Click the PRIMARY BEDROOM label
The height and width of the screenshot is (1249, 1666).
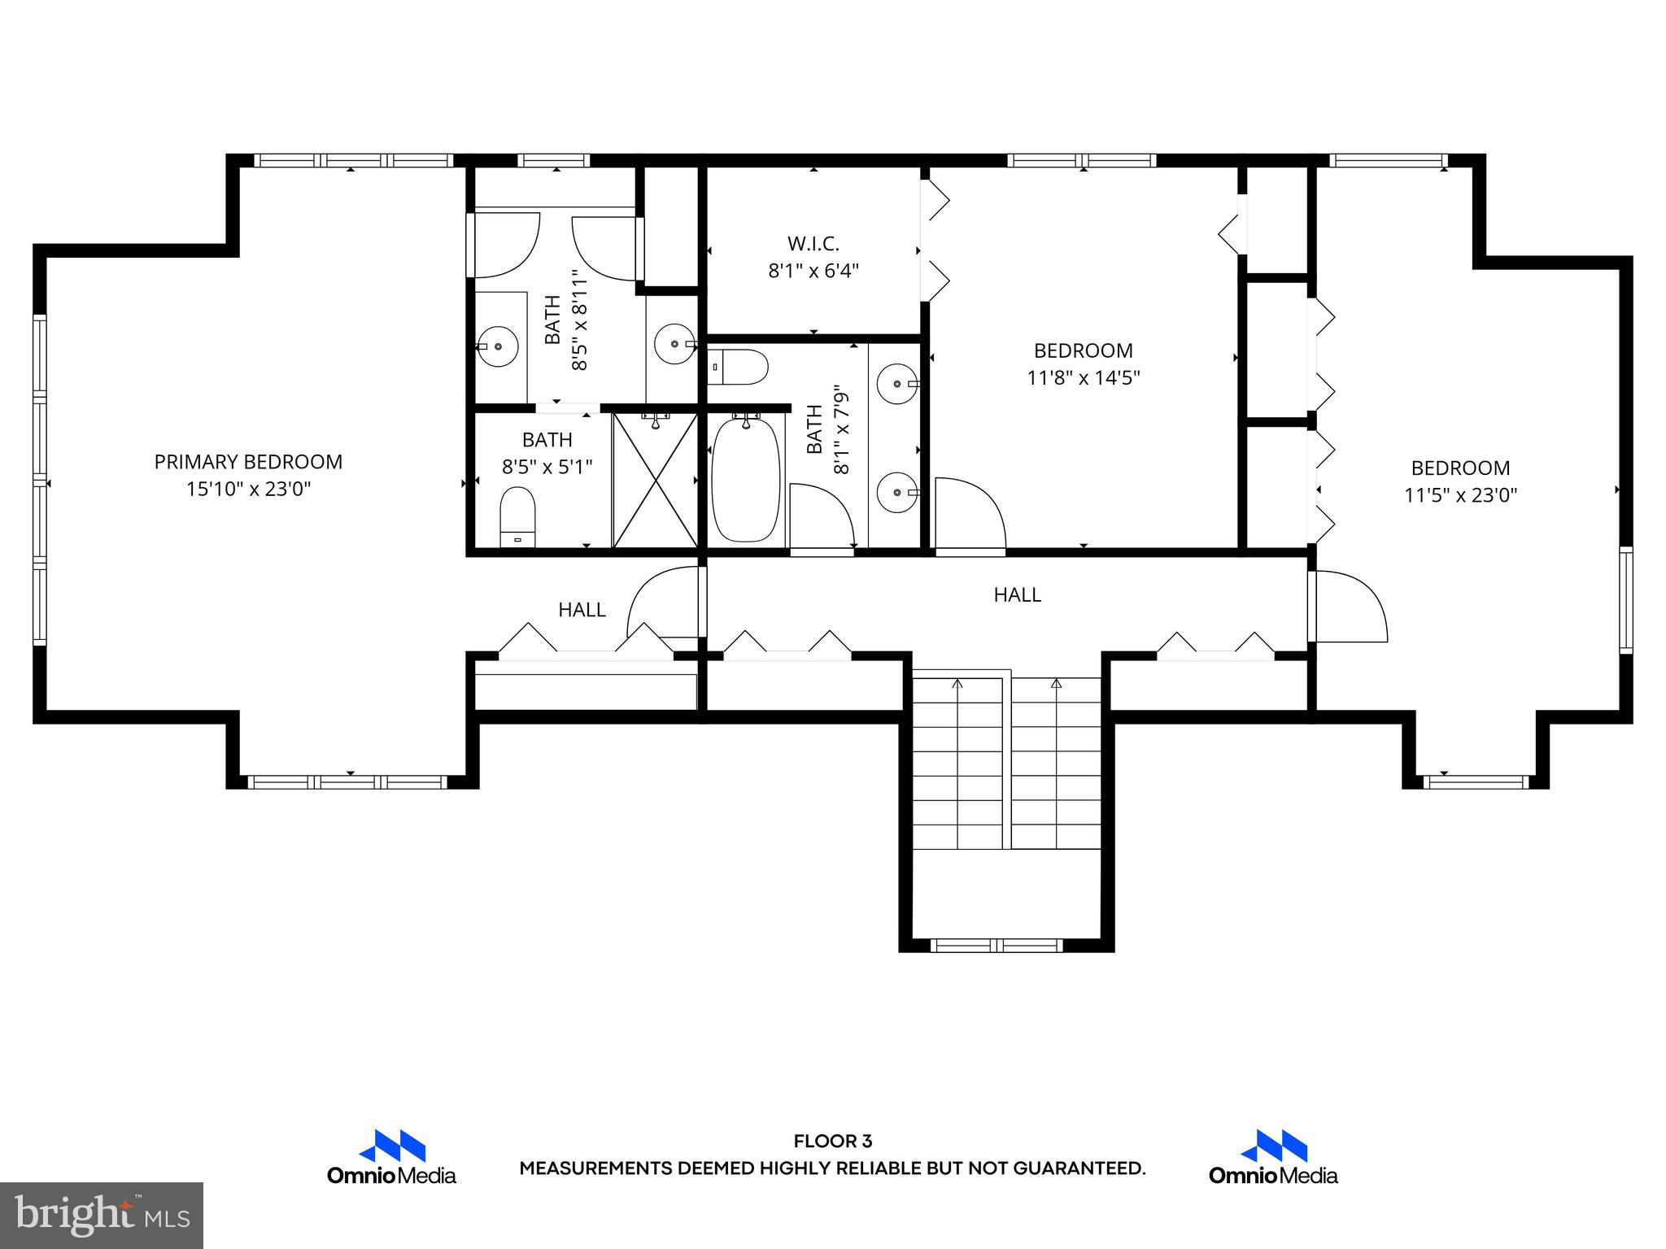pyautogui.click(x=248, y=462)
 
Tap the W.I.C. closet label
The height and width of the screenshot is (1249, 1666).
pyautogui.click(x=813, y=243)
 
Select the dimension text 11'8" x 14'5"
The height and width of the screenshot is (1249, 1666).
pyautogui.click(x=1083, y=378)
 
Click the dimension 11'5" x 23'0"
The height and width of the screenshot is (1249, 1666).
pyautogui.click(x=1460, y=495)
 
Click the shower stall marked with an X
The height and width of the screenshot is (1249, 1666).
pyautogui.click(x=655, y=481)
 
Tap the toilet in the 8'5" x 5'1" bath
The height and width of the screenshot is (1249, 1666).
pyautogui.click(x=517, y=516)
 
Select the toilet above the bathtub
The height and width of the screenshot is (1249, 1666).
pyautogui.click(x=739, y=368)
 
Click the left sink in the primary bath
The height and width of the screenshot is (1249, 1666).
pyautogui.click(x=497, y=346)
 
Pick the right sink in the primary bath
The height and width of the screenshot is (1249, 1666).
pyautogui.click(x=675, y=344)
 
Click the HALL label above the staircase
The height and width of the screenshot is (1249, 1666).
pyautogui.click(x=1017, y=595)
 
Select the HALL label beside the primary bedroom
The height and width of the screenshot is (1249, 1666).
pyautogui.click(x=582, y=610)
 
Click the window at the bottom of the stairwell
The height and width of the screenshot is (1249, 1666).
pyautogui.click(x=997, y=945)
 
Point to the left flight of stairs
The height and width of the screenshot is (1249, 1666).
pyautogui.click(x=957, y=764)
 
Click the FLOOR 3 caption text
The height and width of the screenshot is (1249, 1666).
pyautogui.click(x=832, y=1142)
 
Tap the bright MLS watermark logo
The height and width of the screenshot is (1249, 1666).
pyautogui.click(x=101, y=1215)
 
